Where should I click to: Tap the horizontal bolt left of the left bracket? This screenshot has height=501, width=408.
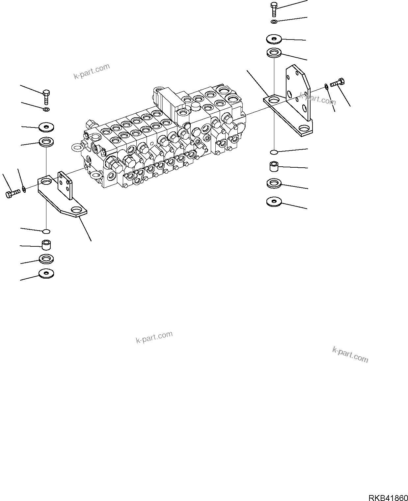click(x=13, y=194)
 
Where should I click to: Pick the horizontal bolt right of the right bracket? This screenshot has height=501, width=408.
click(x=337, y=83)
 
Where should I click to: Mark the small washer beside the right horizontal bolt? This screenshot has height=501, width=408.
click(x=326, y=86)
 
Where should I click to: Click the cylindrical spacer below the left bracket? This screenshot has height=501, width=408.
click(x=46, y=245)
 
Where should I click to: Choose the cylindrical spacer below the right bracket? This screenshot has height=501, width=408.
click(x=274, y=166)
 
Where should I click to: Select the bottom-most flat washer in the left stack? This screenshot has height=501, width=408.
click(x=46, y=273)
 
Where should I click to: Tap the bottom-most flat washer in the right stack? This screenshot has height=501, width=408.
click(x=274, y=202)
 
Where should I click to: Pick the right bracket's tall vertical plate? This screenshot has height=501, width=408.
click(x=298, y=94)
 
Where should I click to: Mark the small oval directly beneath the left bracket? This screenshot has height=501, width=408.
click(x=46, y=230)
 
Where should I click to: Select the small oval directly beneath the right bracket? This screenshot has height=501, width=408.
click(x=274, y=152)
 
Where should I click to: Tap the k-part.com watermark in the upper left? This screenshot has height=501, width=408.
click(x=91, y=71)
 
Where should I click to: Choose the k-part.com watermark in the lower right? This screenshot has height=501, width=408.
click(x=350, y=354)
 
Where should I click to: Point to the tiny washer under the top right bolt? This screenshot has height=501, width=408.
click(x=274, y=22)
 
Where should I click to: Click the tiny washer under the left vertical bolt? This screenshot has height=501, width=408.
click(x=46, y=109)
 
